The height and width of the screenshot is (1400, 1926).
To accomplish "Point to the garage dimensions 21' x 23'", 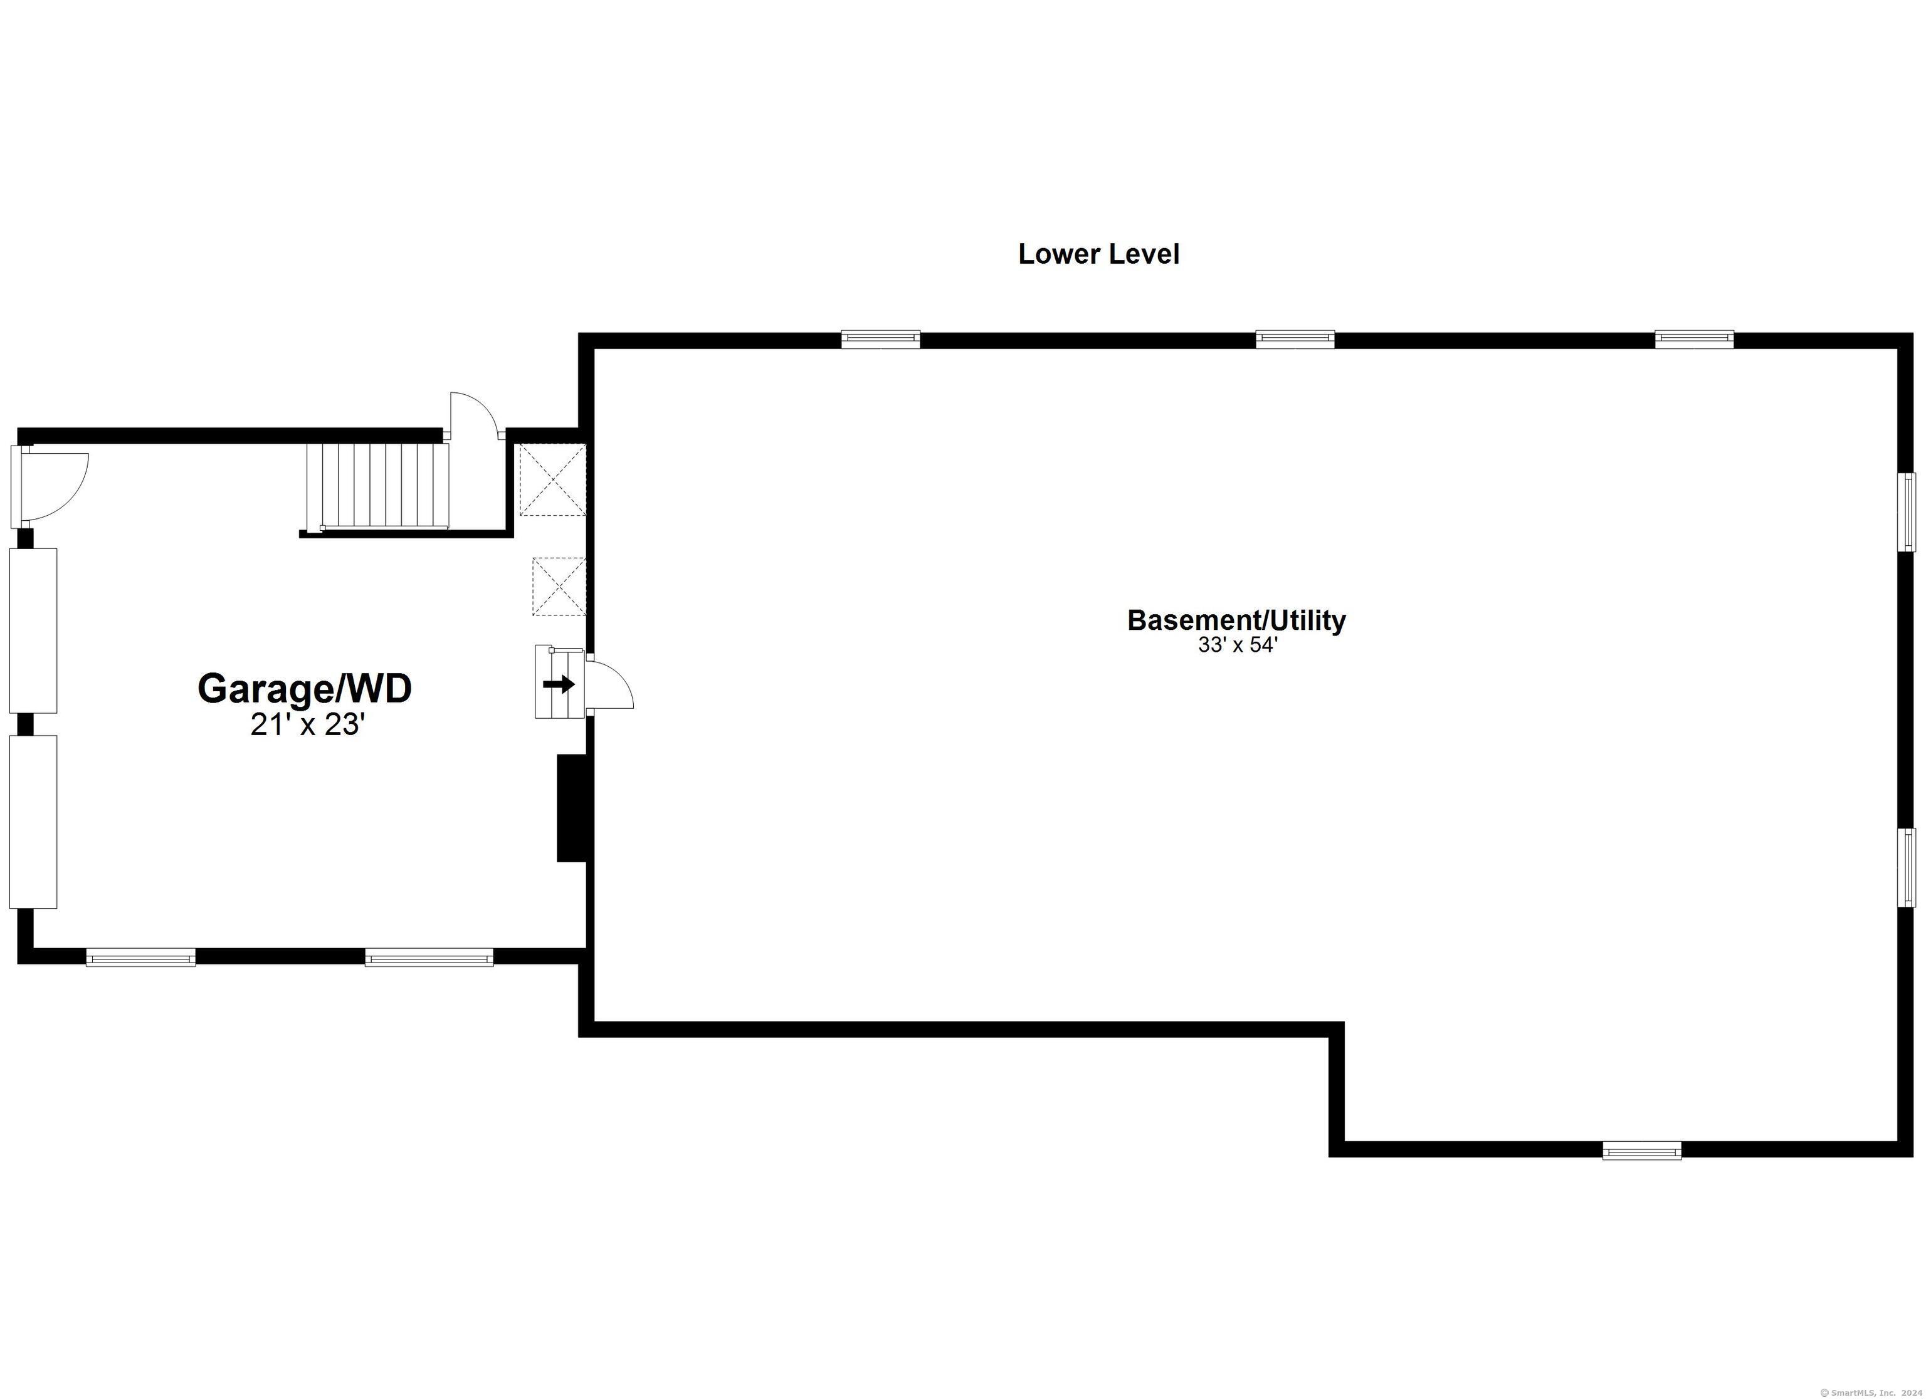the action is click(307, 724).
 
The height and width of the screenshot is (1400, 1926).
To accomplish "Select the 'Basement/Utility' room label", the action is click(1236, 620).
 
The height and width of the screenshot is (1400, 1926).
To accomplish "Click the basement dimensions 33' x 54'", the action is click(1238, 645).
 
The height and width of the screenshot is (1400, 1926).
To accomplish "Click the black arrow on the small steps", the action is click(559, 684).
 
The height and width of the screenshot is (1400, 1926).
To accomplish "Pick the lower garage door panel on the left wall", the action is click(33, 822).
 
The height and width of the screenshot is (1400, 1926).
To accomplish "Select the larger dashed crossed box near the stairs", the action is click(552, 479).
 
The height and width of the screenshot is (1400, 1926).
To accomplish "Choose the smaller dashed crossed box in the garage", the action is click(559, 587).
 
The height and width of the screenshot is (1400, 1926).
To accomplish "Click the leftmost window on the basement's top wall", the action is click(881, 340).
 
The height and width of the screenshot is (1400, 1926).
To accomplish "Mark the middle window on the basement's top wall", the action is click(1295, 340).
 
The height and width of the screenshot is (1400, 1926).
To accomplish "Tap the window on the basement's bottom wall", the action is click(1641, 1151).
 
